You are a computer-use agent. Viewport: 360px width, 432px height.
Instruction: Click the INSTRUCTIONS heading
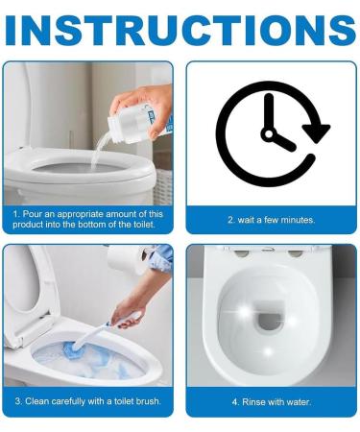(x=180, y=29)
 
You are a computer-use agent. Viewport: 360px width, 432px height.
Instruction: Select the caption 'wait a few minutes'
(x=271, y=220)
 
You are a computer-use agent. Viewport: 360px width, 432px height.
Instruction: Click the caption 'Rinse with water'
(x=271, y=401)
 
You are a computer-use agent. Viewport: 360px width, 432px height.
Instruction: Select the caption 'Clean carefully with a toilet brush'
(x=87, y=401)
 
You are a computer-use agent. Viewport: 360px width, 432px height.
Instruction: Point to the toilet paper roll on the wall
(x=121, y=258)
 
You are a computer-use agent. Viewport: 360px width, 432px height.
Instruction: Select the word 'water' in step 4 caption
(x=297, y=401)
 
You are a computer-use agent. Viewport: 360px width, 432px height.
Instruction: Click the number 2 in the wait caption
(x=229, y=220)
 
